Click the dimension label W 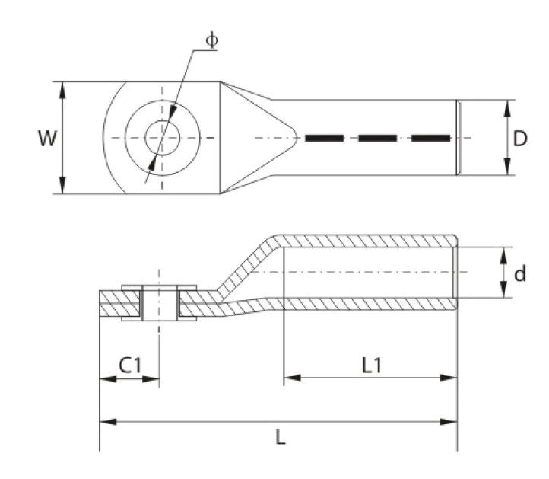[47, 139]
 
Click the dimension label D [520, 139]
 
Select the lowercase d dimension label [520, 273]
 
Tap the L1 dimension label [372, 365]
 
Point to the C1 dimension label [129, 365]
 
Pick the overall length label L [281, 439]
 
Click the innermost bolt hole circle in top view [162, 139]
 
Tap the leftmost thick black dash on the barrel [325, 139]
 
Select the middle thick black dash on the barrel [378, 139]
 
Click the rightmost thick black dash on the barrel [430, 139]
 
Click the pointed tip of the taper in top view [297, 138]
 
